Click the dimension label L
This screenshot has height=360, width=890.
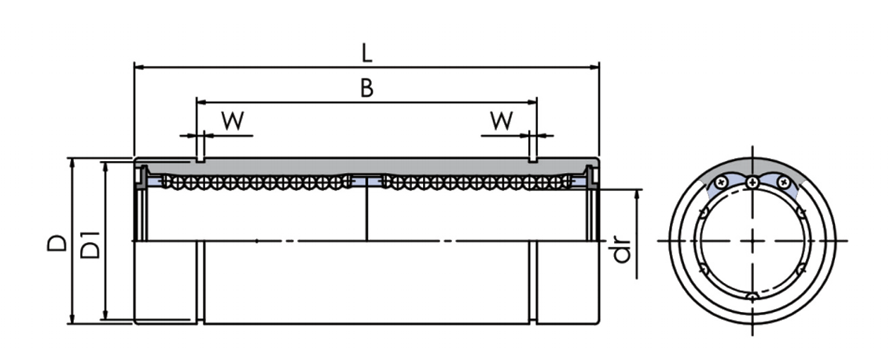point(366,52)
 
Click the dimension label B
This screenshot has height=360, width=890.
point(366,88)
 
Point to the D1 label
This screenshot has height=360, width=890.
point(91,244)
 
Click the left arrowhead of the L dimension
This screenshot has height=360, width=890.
point(140,68)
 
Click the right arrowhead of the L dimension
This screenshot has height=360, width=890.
point(594,68)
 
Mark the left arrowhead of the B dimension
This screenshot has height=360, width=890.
point(201,102)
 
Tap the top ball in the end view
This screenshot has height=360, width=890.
point(752,182)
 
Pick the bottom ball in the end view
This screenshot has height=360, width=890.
point(752,296)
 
